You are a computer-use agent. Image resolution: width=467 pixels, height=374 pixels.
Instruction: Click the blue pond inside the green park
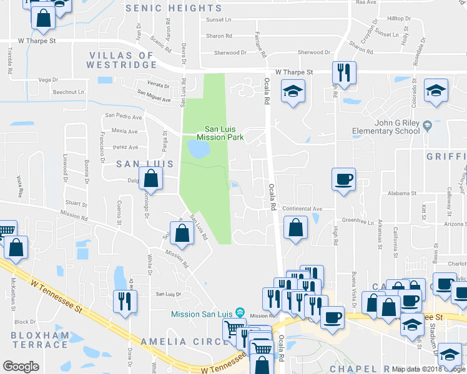(x=199, y=148)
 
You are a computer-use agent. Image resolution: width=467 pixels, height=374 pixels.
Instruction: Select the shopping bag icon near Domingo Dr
(x=152, y=180)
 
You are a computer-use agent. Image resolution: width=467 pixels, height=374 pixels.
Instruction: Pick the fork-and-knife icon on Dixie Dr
(x=125, y=302)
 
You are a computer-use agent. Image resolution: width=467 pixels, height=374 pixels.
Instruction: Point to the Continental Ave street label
(x=302, y=209)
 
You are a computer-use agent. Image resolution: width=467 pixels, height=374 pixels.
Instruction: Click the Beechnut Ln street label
(x=69, y=92)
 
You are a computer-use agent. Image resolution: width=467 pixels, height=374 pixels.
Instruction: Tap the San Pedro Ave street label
(x=124, y=115)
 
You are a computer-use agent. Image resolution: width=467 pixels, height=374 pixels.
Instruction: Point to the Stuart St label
(x=76, y=203)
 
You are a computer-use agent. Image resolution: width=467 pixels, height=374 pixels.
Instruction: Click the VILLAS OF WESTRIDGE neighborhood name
(x=122, y=60)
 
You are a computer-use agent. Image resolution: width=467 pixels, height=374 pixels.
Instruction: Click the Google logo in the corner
(x=21, y=367)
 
